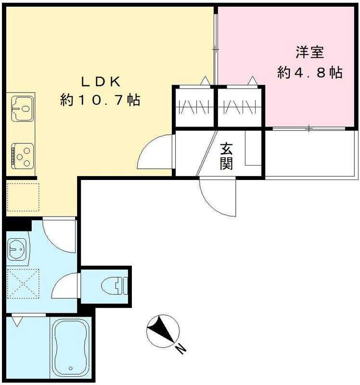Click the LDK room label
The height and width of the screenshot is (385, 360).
click(101, 82)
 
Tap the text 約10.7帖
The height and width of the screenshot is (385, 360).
click(100, 100)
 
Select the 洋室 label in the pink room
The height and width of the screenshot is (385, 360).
click(310, 52)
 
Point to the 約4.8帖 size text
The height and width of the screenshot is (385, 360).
click(310, 73)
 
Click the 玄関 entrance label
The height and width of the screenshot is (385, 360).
click(226, 156)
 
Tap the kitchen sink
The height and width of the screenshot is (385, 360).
click(22, 109)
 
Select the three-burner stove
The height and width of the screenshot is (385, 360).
click(23, 156)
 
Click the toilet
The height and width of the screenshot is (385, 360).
click(115, 286)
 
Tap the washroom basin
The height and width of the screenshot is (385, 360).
click(17, 249)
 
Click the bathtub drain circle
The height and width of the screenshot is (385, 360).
click(71, 368)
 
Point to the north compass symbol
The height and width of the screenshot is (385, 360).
click(162, 331)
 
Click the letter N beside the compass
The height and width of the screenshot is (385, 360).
click(181, 348)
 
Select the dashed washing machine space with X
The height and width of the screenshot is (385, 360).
click(23, 283)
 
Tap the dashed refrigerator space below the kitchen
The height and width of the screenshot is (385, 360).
click(23, 197)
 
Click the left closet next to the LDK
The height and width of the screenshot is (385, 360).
click(194, 107)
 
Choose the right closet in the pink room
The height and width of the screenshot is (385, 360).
click(240, 107)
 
